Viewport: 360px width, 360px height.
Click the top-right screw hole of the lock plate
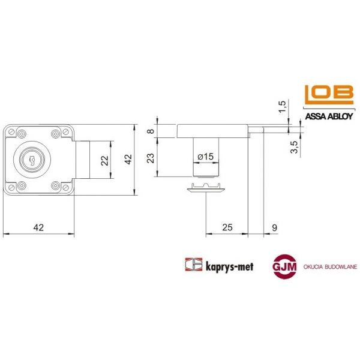pyautogui.click(x=58, y=133)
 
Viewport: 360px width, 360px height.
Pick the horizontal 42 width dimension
pyautogui.click(x=38, y=227)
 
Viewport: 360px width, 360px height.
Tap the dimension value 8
pyautogui.click(x=151, y=131)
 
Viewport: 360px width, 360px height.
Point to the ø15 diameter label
pyautogui.click(x=205, y=157)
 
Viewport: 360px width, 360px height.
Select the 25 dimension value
pyautogui.click(x=227, y=227)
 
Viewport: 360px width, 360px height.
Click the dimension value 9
pyautogui.click(x=274, y=227)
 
